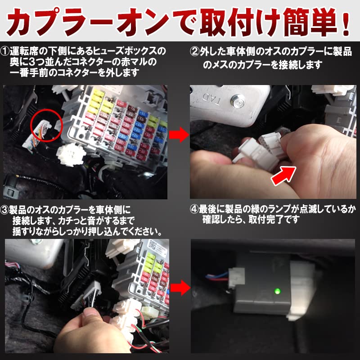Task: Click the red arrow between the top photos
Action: (x=180, y=134)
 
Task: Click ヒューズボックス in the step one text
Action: (x=126, y=50)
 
